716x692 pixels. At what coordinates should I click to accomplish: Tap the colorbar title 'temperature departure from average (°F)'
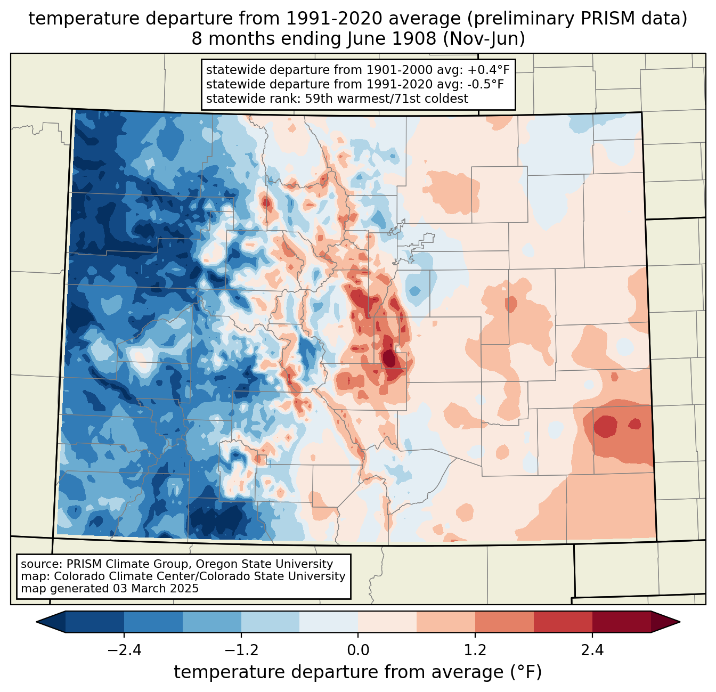[x=358, y=672]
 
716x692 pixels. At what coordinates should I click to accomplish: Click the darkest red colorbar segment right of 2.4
[x=621, y=622]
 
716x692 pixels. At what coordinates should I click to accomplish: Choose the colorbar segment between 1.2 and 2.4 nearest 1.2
[x=504, y=622]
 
